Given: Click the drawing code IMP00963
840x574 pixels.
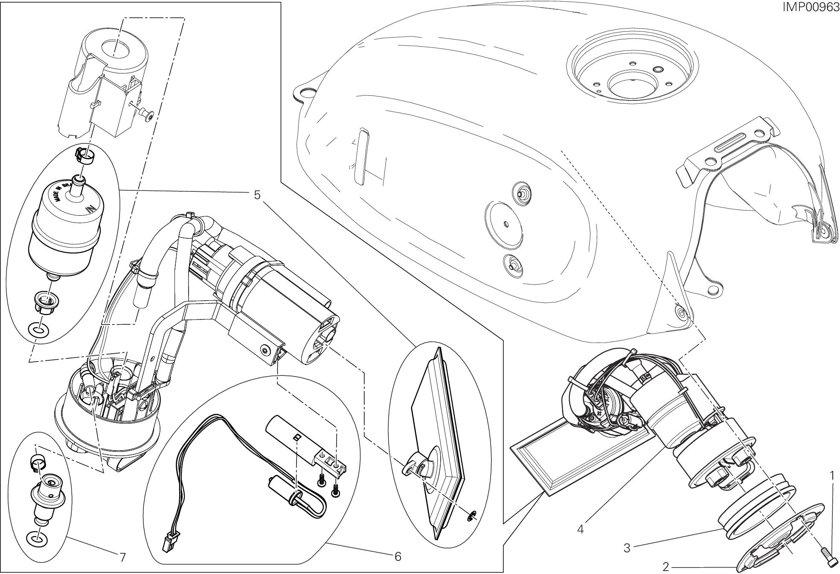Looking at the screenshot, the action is [x=810, y=7].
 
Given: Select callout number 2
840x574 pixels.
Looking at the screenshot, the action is [x=666, y=567].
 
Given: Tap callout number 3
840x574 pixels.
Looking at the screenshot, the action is [x=627, y=548].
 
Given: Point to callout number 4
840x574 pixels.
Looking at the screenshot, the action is [x=580, y=529].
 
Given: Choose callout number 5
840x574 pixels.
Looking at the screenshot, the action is [x=257, y=195].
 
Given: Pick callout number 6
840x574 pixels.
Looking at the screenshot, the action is [x=398, y=556].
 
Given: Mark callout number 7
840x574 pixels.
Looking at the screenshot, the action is [x=122, y=557].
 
